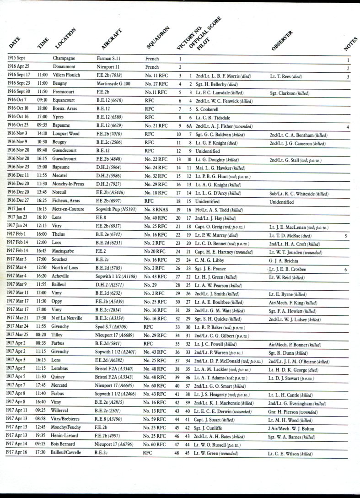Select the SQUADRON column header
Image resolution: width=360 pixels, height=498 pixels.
(159, 38)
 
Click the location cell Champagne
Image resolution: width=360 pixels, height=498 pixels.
(64, 59)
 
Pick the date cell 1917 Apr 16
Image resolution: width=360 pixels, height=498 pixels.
(19, 453)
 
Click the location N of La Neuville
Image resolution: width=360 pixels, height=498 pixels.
(70, 319)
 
